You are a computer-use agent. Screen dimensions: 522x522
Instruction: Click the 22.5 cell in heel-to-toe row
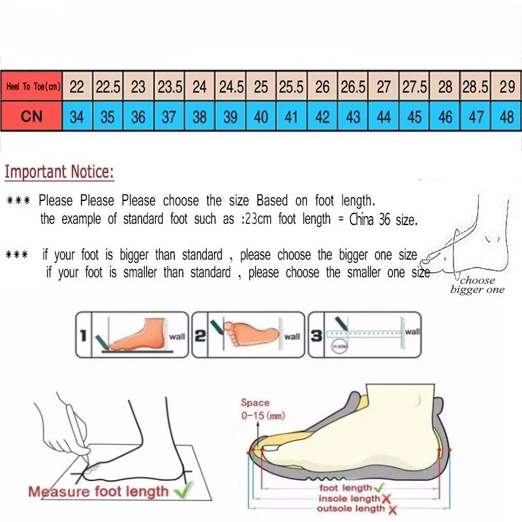(x=108, y=87)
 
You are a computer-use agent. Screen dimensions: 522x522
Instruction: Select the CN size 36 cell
(x=138, y=117)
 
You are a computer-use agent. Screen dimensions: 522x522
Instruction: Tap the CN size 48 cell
(x=506, y=117)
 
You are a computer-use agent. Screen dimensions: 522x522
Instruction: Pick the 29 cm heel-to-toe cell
(x=506, y=87)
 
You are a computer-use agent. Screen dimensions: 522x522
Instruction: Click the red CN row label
(x=31, y=117)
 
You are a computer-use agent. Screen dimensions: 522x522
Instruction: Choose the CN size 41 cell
(x=291, y=117)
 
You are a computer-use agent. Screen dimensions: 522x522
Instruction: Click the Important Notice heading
(x=59, y=173)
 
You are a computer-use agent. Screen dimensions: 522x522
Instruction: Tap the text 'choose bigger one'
(x=477, y=285)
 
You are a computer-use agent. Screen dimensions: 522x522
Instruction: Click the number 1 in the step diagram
(x=84, y=336)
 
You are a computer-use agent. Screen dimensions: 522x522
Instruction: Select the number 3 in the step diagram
(x=315, y=335)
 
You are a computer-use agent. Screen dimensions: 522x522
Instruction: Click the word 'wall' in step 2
(x=292, y=337)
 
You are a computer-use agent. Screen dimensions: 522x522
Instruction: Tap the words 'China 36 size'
(x=383, y=220)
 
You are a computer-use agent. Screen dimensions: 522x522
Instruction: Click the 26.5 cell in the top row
(x=352, y=87)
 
